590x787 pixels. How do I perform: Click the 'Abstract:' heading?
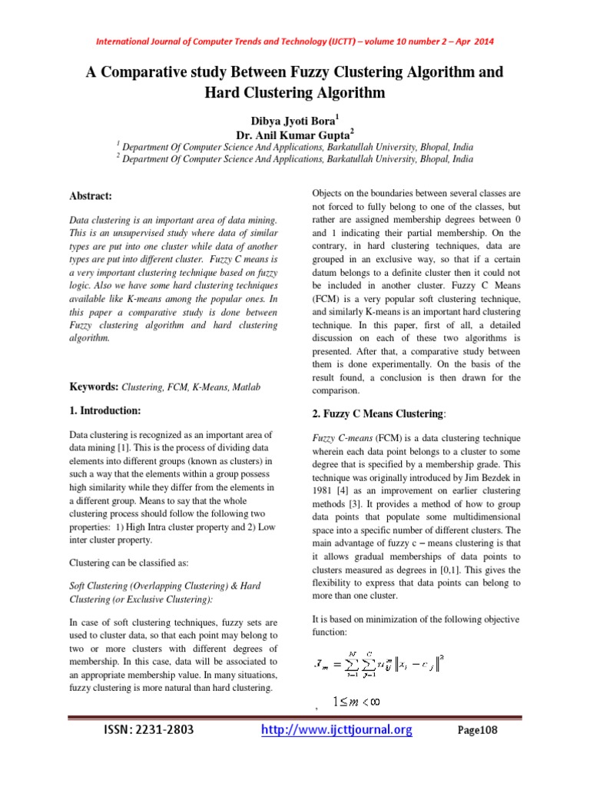pos(91,197)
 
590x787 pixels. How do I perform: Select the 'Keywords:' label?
pos(94,387)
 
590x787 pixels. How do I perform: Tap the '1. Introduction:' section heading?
pos(104,411)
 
